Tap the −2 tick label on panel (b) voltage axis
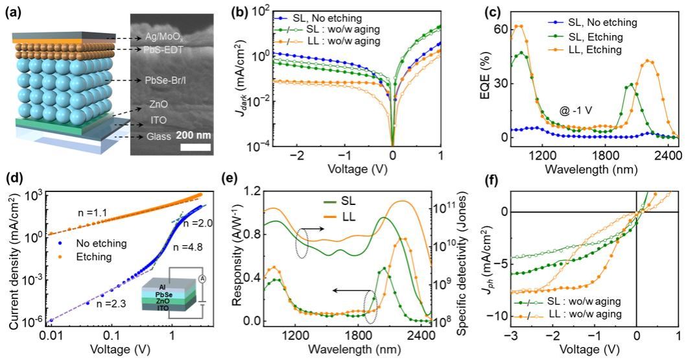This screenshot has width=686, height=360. [298, 157]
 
